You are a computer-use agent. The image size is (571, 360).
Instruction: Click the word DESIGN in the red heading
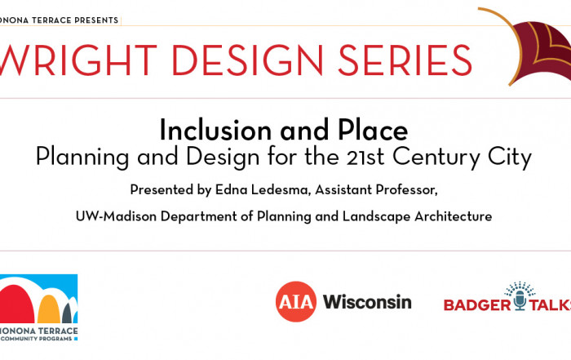(247, 60)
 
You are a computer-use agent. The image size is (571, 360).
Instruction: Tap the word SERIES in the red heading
(405, 60)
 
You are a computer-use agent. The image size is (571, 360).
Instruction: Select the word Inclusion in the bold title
(215, 130)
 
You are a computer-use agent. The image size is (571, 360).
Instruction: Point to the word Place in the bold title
(373, 130)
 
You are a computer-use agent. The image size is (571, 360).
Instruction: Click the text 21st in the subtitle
(365, 157)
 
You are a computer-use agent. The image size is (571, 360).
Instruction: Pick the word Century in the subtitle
(436, 158)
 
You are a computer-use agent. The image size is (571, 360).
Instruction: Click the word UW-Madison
(116, 216)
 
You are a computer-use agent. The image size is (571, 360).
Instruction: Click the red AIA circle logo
(295, 302)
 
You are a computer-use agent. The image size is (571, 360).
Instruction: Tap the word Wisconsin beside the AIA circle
(367, 302)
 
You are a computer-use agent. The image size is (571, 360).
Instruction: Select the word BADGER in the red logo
(477, 305)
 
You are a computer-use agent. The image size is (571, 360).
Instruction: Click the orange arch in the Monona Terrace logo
(49, 309)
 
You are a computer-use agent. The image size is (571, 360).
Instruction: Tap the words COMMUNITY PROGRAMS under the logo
(37, 339)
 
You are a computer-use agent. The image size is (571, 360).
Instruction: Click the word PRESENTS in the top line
(96, 20)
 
